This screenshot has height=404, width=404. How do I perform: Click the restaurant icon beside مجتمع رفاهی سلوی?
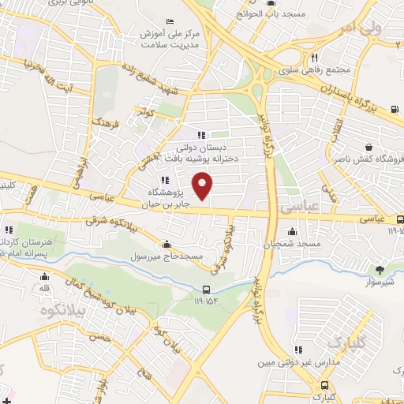click(x=314, y=58)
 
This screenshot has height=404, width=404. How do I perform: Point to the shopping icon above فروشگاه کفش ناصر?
click(x=369, y=147)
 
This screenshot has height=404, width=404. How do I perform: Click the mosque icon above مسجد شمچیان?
click(x=293, y=231)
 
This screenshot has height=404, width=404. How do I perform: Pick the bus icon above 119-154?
click(x=207, y=290)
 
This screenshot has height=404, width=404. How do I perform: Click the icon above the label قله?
click(x=44, y=276)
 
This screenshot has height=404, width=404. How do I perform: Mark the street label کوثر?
click(x=144, y=111)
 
